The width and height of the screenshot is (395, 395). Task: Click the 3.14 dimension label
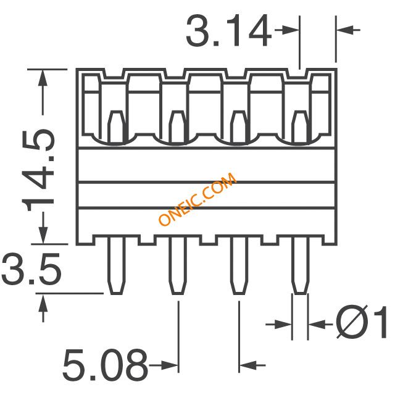click(229, 31)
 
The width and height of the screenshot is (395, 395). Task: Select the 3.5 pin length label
click(31, 269)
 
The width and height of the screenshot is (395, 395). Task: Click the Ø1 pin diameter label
click(362, 322)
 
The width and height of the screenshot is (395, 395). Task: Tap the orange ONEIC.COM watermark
click(197, 199)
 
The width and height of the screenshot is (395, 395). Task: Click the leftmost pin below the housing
click(117, 265)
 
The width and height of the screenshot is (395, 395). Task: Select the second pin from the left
click(178, 265)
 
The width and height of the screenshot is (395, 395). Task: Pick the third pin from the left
click(239, 265)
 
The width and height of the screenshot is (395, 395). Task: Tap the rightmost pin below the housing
click(301, 265)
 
